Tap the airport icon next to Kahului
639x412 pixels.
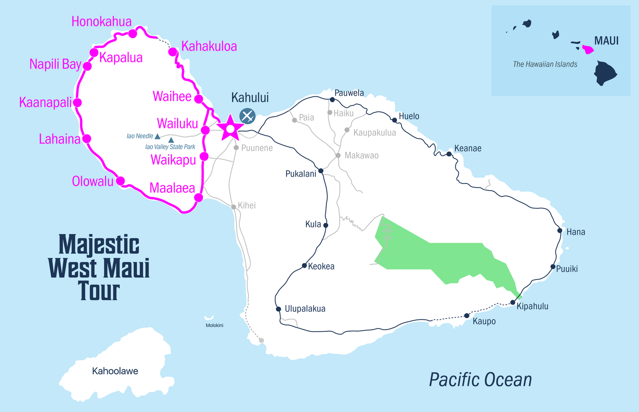coord(247,116)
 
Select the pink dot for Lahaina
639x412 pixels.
coord(87,139)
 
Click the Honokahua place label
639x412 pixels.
coord(101,22)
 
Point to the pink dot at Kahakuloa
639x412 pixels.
coord(173,52)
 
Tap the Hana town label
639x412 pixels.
coord(576,232)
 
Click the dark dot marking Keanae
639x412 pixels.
coord(449,154)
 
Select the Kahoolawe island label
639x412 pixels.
coord(115,371)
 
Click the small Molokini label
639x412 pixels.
coord(214,325)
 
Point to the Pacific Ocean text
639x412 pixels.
coord(480,380)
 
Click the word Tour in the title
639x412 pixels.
coord(99,291)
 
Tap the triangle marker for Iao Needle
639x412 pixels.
coord(158,136)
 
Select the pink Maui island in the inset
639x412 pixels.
coord(588,49)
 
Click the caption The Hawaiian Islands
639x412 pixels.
coord(545,64)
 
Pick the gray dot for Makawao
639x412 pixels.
coord(338,156)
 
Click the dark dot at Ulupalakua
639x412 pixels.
coord(278,309)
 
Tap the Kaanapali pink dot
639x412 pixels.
coord(78,102)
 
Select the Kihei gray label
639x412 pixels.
coord(247,206)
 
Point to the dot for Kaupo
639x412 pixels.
coord(467,316)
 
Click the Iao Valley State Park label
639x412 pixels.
coord(170,147)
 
